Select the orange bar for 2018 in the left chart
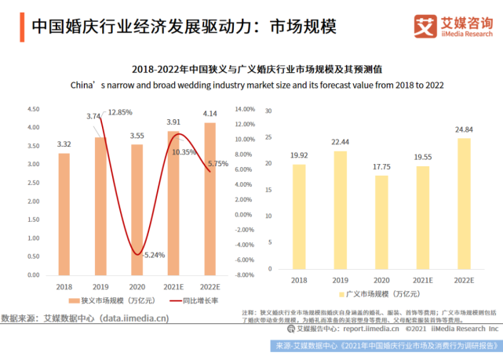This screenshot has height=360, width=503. point(64,213)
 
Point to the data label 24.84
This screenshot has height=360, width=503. point(464,129)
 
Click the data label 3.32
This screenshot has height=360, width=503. point(64,144)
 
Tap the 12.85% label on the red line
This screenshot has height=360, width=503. point(119,112)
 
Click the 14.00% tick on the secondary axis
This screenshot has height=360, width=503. point(245,109)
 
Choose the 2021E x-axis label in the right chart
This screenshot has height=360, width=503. point(423,280)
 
